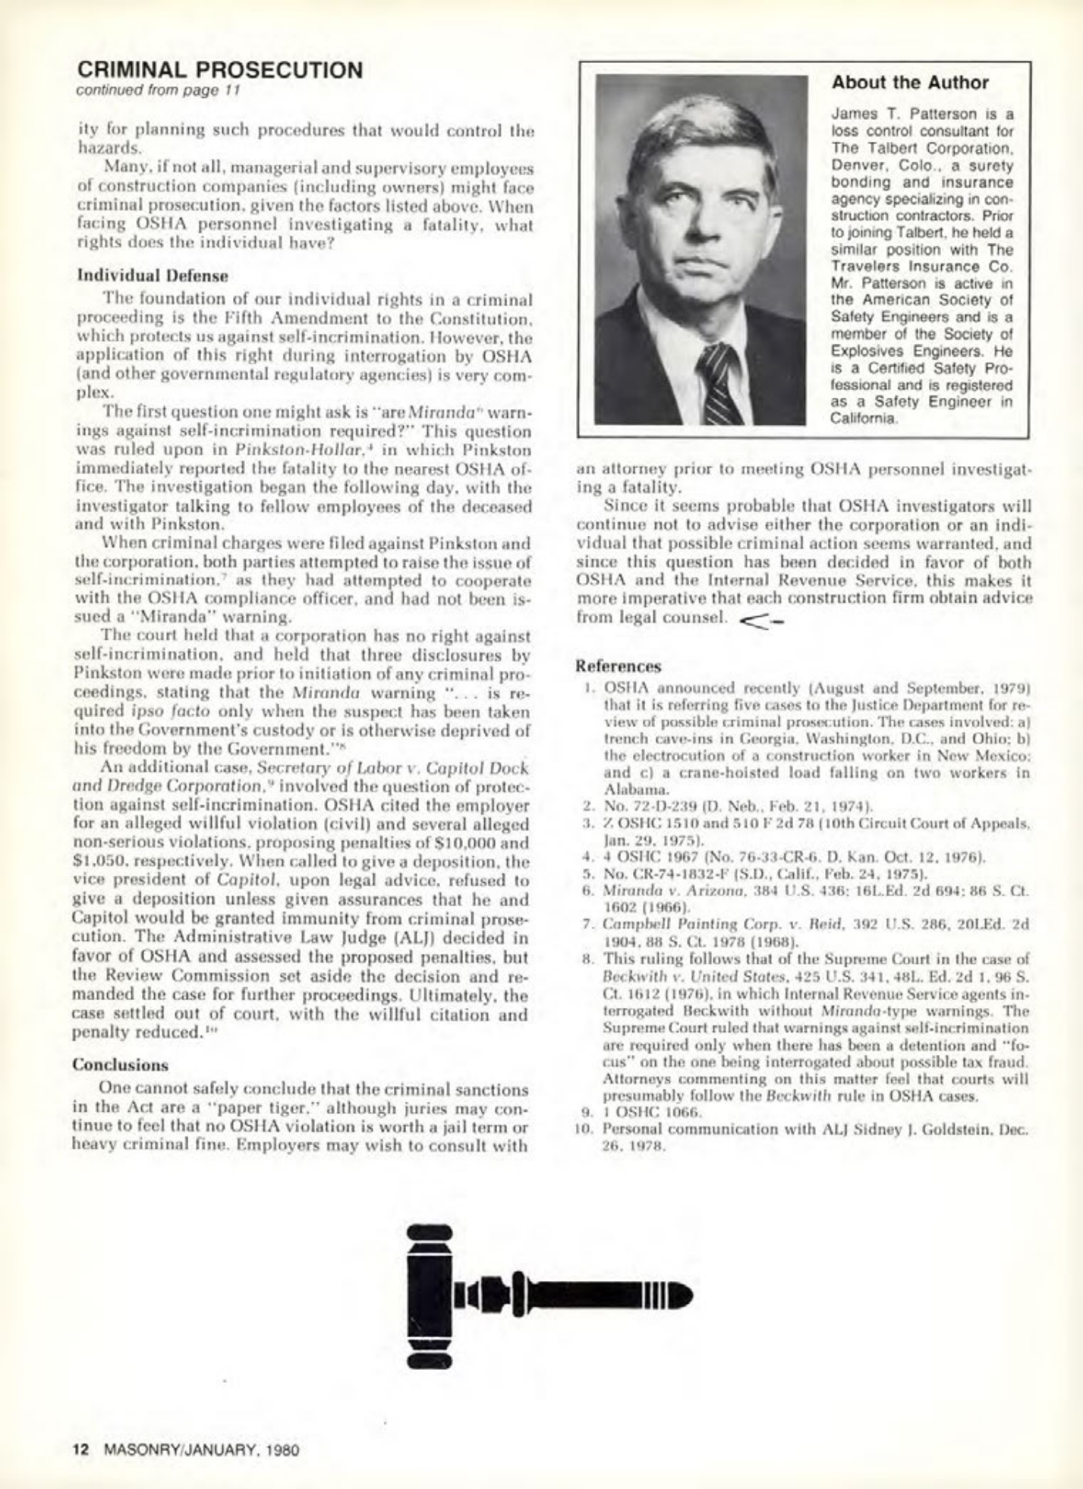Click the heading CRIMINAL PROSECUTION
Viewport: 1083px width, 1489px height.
pyautogui.click(x=220, y=70)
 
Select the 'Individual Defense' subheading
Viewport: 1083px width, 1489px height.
pyautogui.click(x=153, y=275)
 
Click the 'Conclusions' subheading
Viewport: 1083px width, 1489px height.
pyautogui.click(x=121, y=1064)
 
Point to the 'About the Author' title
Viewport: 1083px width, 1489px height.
pyautogui.click(x=910, y=83)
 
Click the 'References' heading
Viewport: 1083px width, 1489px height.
pyautogui.click(x=619, y=666)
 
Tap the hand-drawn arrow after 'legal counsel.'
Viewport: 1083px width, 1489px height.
pyautogui.click(x=760, y=619)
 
